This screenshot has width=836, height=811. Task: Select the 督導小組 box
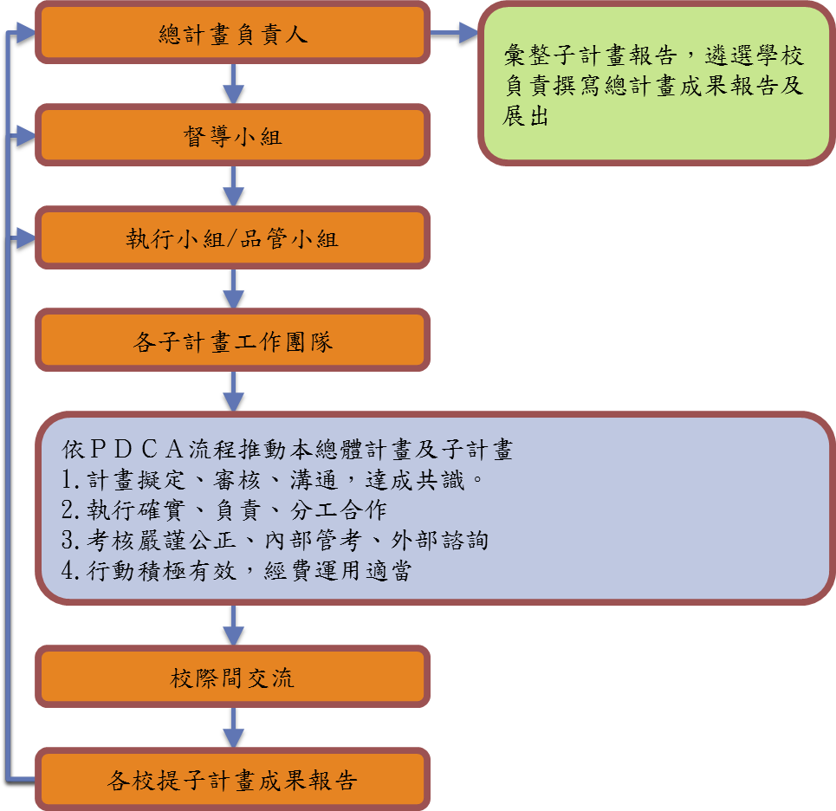232,135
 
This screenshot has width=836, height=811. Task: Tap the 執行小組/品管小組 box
232,238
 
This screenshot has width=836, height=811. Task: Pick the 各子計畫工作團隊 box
232,341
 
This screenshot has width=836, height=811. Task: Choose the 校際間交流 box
232,677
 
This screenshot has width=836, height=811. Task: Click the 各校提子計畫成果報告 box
232,780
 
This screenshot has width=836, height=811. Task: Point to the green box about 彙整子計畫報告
655,84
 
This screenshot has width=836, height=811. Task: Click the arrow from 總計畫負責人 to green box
454,34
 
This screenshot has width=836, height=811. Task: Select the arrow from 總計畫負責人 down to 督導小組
232,84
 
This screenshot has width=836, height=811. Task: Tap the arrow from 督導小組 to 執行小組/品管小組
232,186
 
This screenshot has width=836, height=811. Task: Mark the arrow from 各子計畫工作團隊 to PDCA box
232,393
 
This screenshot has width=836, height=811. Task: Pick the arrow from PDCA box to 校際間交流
232,625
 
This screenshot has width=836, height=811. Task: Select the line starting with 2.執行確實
224,510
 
